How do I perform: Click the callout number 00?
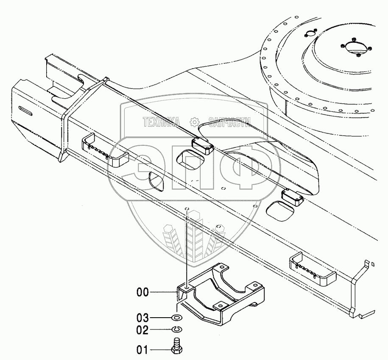click(143, 291)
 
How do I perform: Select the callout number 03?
click(143, 318)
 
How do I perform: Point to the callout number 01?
click(143, 350)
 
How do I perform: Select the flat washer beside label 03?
click(177, 318)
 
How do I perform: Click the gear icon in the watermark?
click(194, 122)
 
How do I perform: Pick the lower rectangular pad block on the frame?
click(292, 196)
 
